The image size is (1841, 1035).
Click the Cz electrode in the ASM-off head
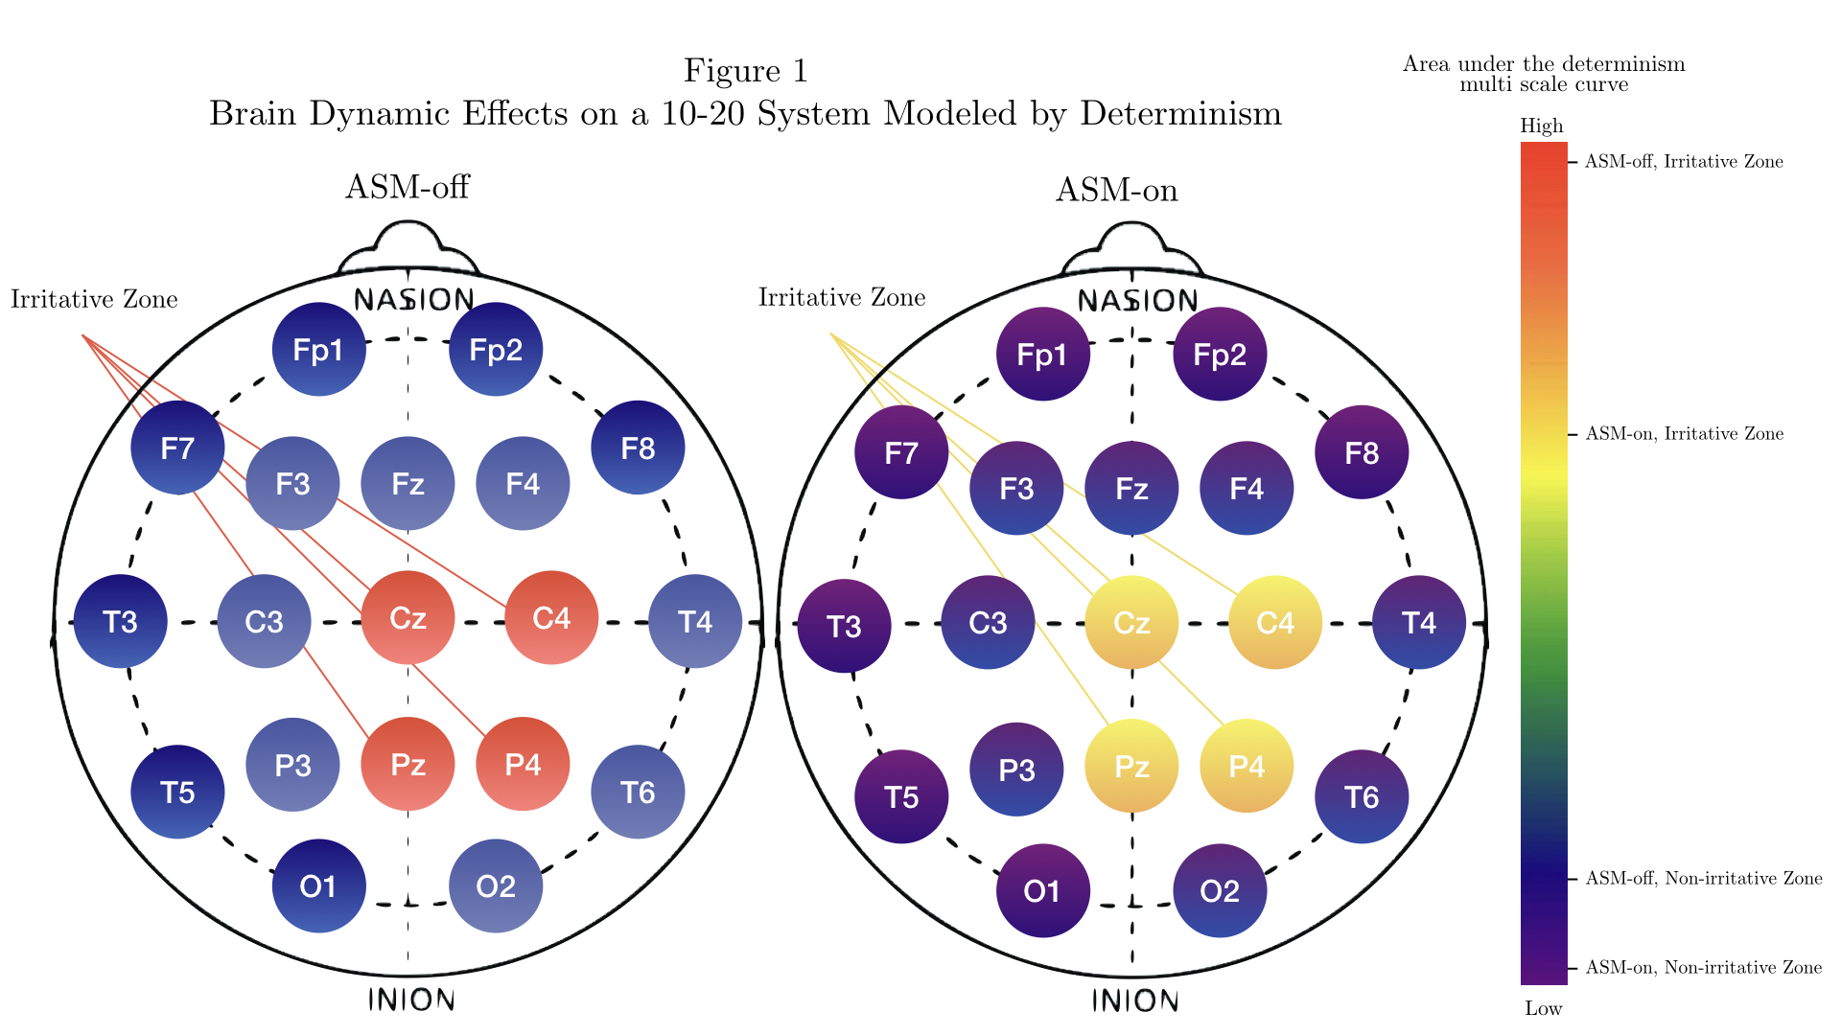[x=408, y=618]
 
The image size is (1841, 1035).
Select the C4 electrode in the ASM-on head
[x=1275, y=623]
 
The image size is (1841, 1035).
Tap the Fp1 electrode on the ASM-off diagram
[x=318, y=350]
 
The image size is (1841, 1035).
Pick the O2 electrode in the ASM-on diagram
[x=1220, y=891]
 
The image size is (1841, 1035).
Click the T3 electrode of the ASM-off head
[x=121, y=622]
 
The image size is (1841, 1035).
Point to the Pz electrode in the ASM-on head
[x=1131, y=766]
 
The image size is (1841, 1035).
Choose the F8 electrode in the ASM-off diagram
[x=638, y=448]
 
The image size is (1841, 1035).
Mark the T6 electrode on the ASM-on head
[x=1362, y=796]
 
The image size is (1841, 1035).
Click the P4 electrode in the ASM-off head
[x=523, y=764]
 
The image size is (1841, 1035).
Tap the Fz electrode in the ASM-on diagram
[x=1131, y=489]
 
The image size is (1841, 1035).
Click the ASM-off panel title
[x=408, y=186]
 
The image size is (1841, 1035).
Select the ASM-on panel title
[x=1117, y=190]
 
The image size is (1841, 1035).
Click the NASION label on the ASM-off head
[x=413, y=300]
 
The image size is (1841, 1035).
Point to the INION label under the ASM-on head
[x=1135, y=1001]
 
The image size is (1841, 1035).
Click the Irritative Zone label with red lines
[x=94, y=300]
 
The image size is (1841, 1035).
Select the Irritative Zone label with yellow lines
[x=842, y=298]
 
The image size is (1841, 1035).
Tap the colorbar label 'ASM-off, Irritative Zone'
[x=1684, y=162]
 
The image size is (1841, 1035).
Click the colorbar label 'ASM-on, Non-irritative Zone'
[x=1704, y=968]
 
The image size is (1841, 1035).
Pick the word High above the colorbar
[x=1542, y=126]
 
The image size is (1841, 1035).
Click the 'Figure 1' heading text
[x=746, y=71]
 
